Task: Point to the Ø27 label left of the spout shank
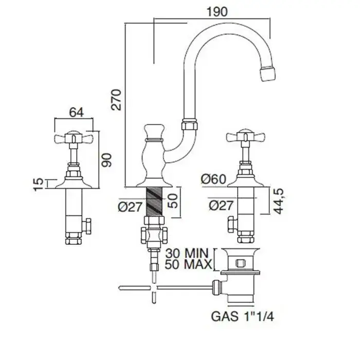[x=129, y=207]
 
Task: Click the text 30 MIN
[x=188, y=253]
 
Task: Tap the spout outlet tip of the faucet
[x=269, y=74]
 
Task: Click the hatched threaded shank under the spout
[x=154, y=201]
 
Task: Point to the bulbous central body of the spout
[x=153, y=154]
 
